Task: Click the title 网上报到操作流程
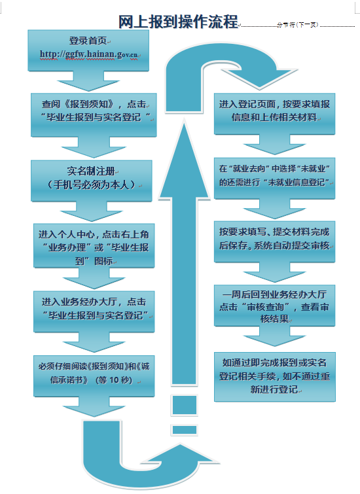click(x=178, y=22)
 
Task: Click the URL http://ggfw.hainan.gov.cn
click(x=88, y=54)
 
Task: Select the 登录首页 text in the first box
click(x=88, y=41)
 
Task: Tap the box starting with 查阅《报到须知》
click(x=94, y=115)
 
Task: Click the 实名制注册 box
click(x=92, y=181)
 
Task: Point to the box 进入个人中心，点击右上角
click(x=94, y=246)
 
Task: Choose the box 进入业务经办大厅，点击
click(x=94, y=311)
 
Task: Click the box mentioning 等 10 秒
click(x=94, y=376)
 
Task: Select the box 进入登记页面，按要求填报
click(x=274, y=114)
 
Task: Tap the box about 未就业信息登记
click(x=274, y=179)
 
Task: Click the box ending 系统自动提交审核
click(x=274, y=241)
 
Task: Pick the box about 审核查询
click(x=274, y=306)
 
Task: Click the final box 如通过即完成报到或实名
click(x=275, y=377)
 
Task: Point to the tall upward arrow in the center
click(x=185, y=252)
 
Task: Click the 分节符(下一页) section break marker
click(x=298, y=25)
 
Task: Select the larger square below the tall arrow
click(x=185, y=405)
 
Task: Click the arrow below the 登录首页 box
click(x=88, y=81)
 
